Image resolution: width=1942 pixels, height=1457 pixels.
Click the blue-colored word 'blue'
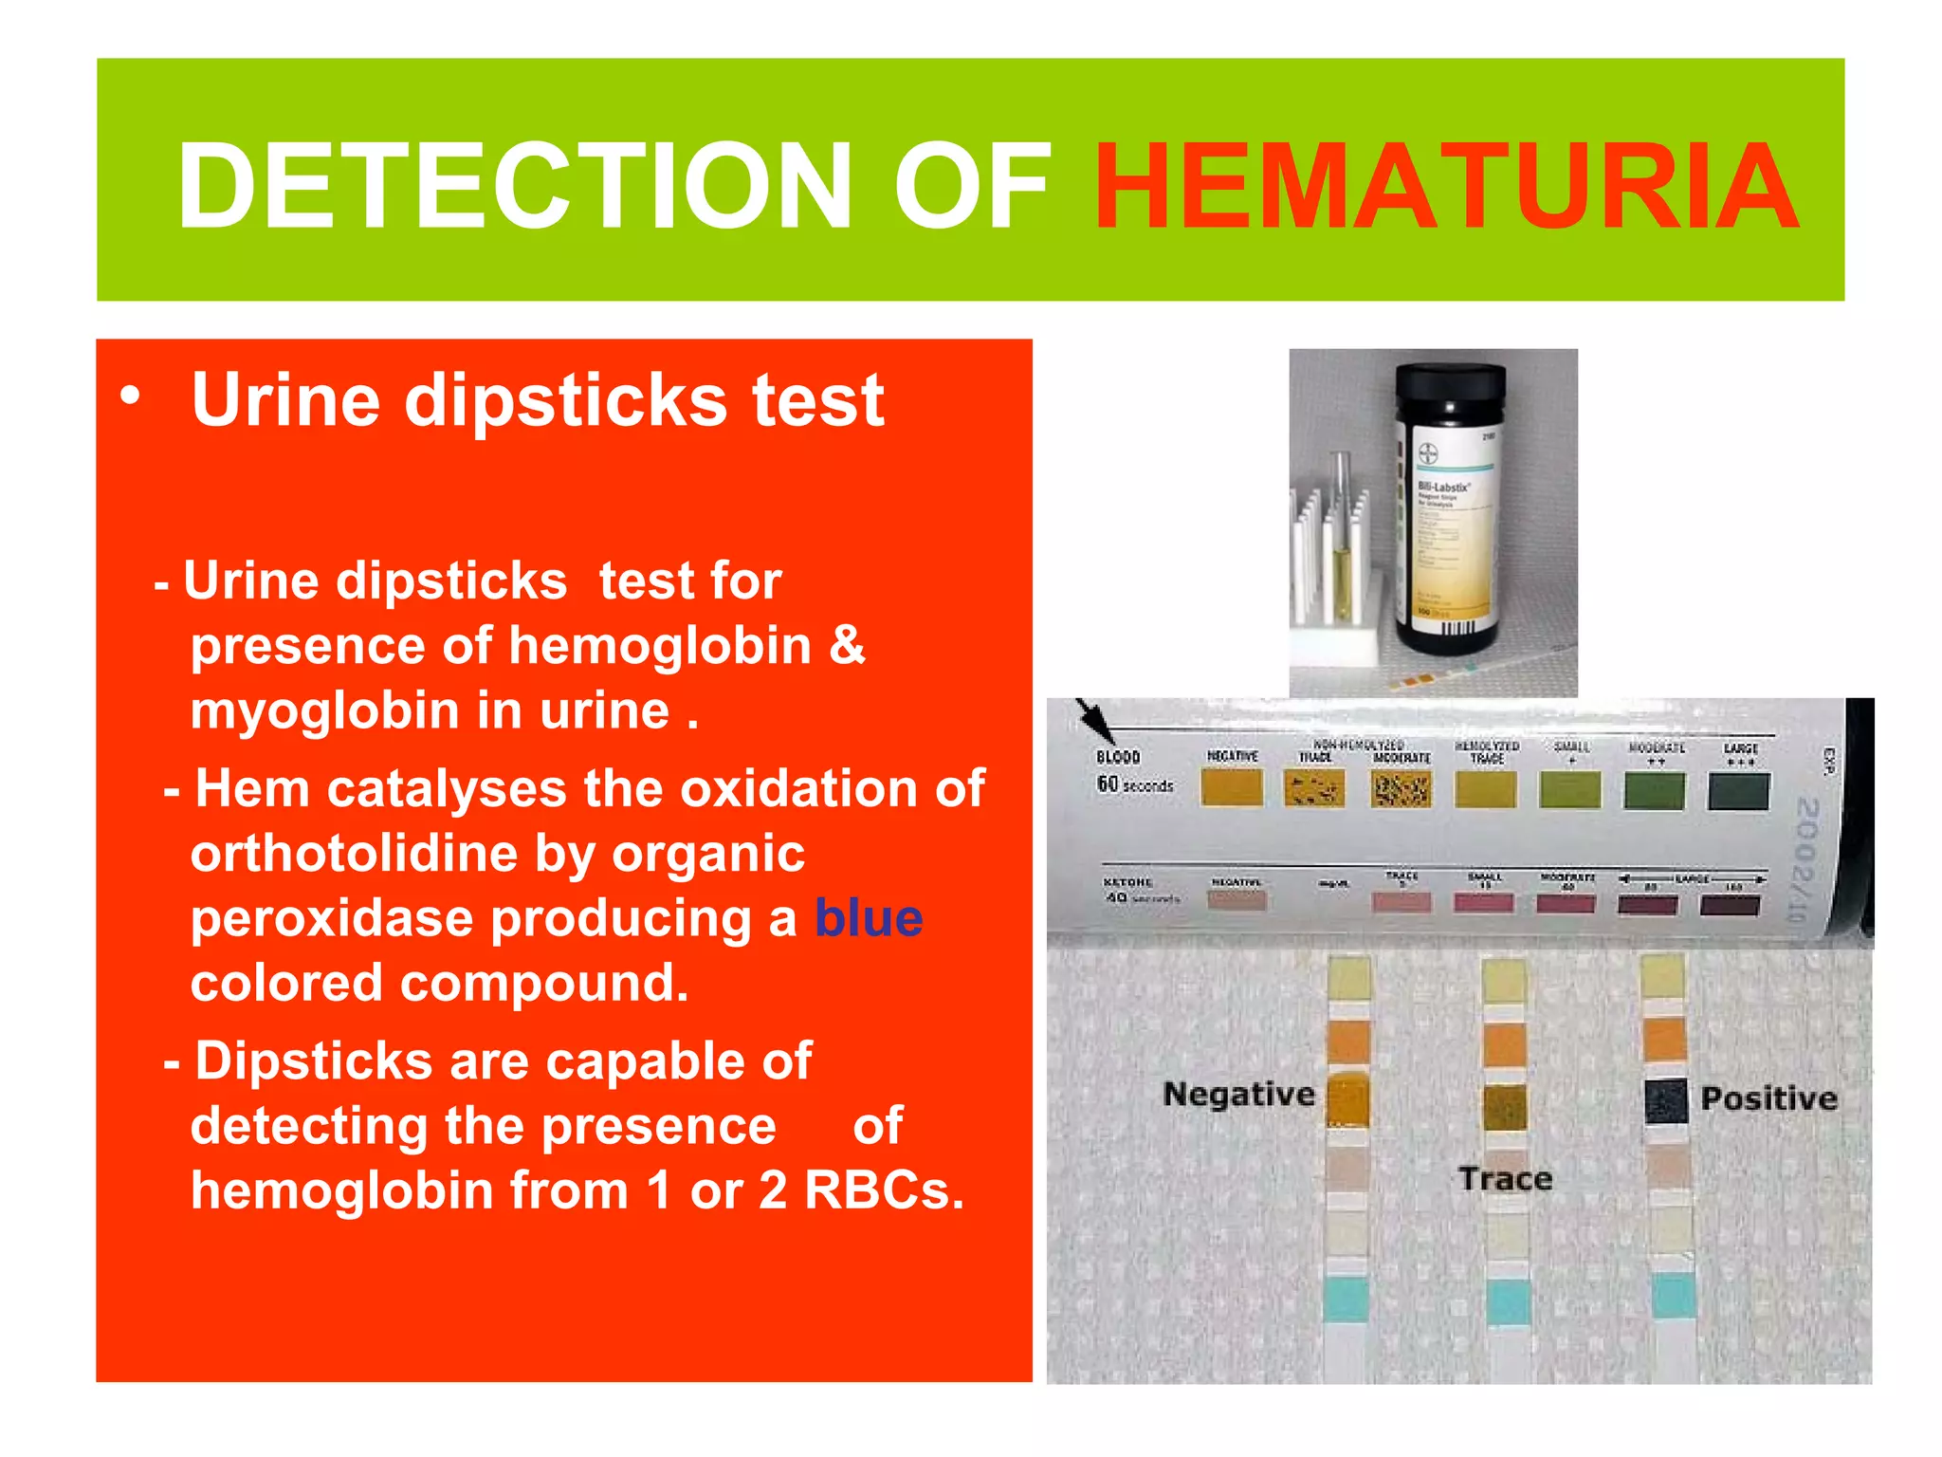(869, 918)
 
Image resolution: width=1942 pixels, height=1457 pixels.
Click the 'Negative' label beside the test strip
(1238, 1095)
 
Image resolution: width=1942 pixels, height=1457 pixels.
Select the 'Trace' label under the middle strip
(1506, 1179)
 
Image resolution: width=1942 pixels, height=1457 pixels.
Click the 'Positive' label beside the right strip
(1768, 1098)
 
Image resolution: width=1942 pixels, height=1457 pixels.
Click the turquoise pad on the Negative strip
(1346, 1300)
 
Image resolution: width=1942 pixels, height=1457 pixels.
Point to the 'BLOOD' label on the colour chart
(1118, 757)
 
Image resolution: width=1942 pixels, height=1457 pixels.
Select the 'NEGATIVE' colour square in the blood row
(1232, 787)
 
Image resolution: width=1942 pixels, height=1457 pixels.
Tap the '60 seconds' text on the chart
(1135, 785)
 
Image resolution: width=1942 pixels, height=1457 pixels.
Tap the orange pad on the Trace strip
(1505, 1044)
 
